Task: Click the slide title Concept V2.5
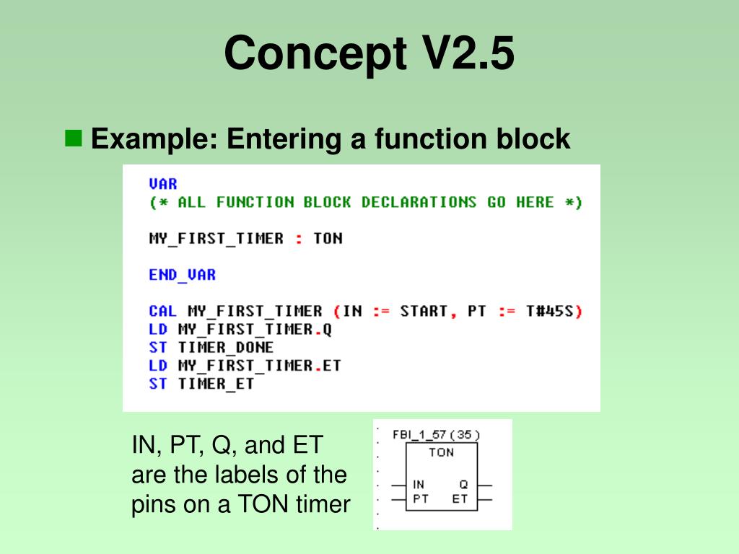pos(369,53)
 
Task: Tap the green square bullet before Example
pos(74,137)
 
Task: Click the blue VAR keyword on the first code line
pos(163,184)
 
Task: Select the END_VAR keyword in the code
pos(182,275)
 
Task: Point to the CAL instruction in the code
pos(163,311)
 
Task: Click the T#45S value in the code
pos(551,311)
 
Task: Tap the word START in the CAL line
pos(424,311)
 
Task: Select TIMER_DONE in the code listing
pos(226,348)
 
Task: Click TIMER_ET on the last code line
pos(217,384)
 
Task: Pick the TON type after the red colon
pos(328,238)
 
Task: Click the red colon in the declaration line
pos(299,239)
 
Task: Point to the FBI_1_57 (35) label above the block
pos(436,434)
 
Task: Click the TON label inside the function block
pos(441,452)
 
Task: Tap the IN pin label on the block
pos(419,485)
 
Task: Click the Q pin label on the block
pos(463,485)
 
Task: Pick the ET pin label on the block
pos(460,498)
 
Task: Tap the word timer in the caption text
pos(323,504)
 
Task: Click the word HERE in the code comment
pos(535,202)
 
